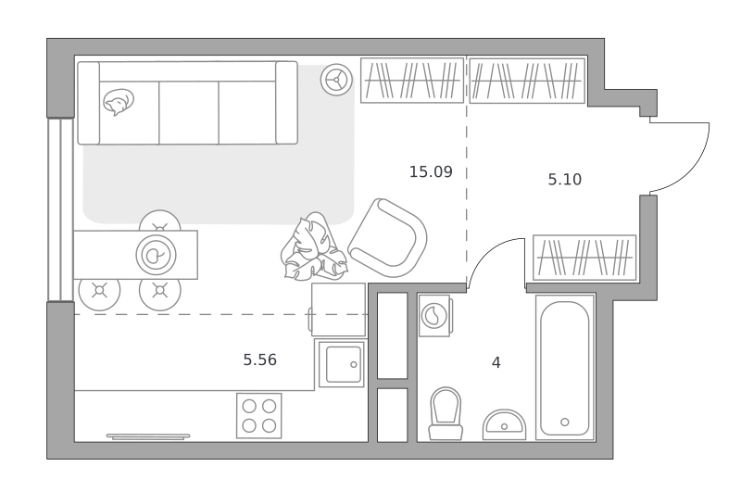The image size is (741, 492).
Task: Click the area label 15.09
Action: pyautogui.click(x=431, y=171)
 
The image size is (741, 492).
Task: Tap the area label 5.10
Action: pyautogui.click(x=565, y=180)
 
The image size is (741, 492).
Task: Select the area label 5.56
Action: pyautogui.click(x=260, y=360)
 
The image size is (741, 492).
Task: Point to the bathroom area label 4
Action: pyautogui.click(x=496, y=362)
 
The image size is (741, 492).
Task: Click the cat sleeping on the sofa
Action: pyautogui.click(x=119, y=102)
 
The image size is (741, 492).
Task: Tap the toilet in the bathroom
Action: pyautogui.click(x=446, y=414)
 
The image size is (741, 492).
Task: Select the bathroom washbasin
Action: pyautogui.click(x=504, y=424)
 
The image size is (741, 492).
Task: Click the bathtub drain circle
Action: pyautogui.click(x=565, y=423)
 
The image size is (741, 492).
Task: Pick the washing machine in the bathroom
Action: pyautogui.click(x=435, y=315)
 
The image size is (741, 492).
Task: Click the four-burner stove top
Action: pyautogui.click(x=259, y=415)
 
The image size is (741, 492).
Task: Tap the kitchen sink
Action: pyautogui.click(x=342, y=364)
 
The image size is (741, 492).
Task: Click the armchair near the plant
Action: pyautogui.click(x=387, y=238)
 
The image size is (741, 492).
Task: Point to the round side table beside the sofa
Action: pyautogui.click(x=336, y=80)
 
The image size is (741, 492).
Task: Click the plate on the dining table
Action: pyautogui.click(x=156, y=255)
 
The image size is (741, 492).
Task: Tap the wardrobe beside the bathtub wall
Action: pyautogui.click(x=584, y=258)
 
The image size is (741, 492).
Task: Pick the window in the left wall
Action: pyautogui.click(x=61, y=209)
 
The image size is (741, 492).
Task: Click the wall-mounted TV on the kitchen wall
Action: pyautogui.click(x=148, y=436)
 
